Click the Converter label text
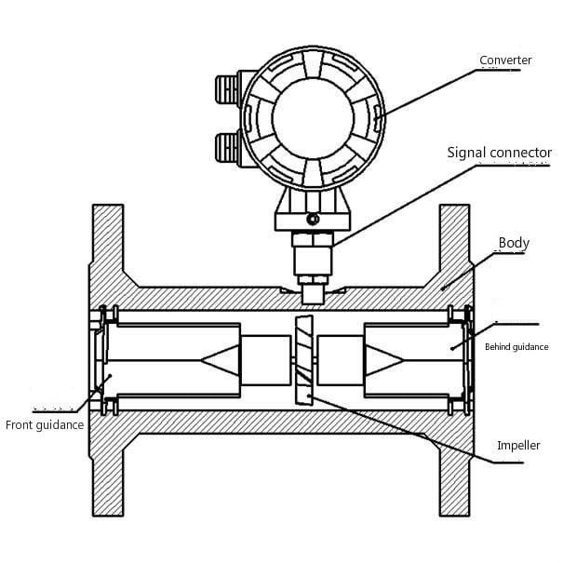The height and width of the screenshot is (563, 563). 505,60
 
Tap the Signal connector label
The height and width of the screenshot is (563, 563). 499,152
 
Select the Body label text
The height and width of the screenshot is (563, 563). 514,243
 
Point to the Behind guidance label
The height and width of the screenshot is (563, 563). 516,347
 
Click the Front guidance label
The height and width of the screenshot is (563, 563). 45,425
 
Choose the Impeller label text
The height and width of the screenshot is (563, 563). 518,446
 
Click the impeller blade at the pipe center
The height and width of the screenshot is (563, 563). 302,360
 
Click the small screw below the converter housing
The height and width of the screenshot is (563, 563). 312,220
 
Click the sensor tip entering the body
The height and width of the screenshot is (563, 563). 313,293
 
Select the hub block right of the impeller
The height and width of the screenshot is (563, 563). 339,360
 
